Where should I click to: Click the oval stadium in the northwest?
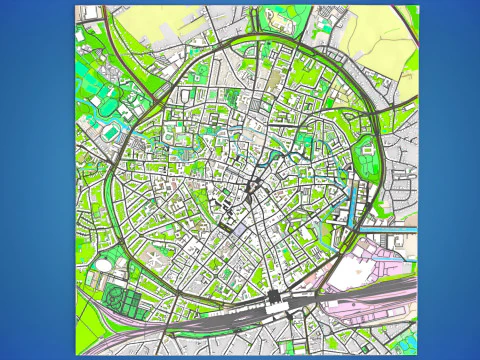click(106, 103)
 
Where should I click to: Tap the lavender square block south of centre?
click(240, 228)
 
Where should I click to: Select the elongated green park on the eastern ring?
click(368, 160)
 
